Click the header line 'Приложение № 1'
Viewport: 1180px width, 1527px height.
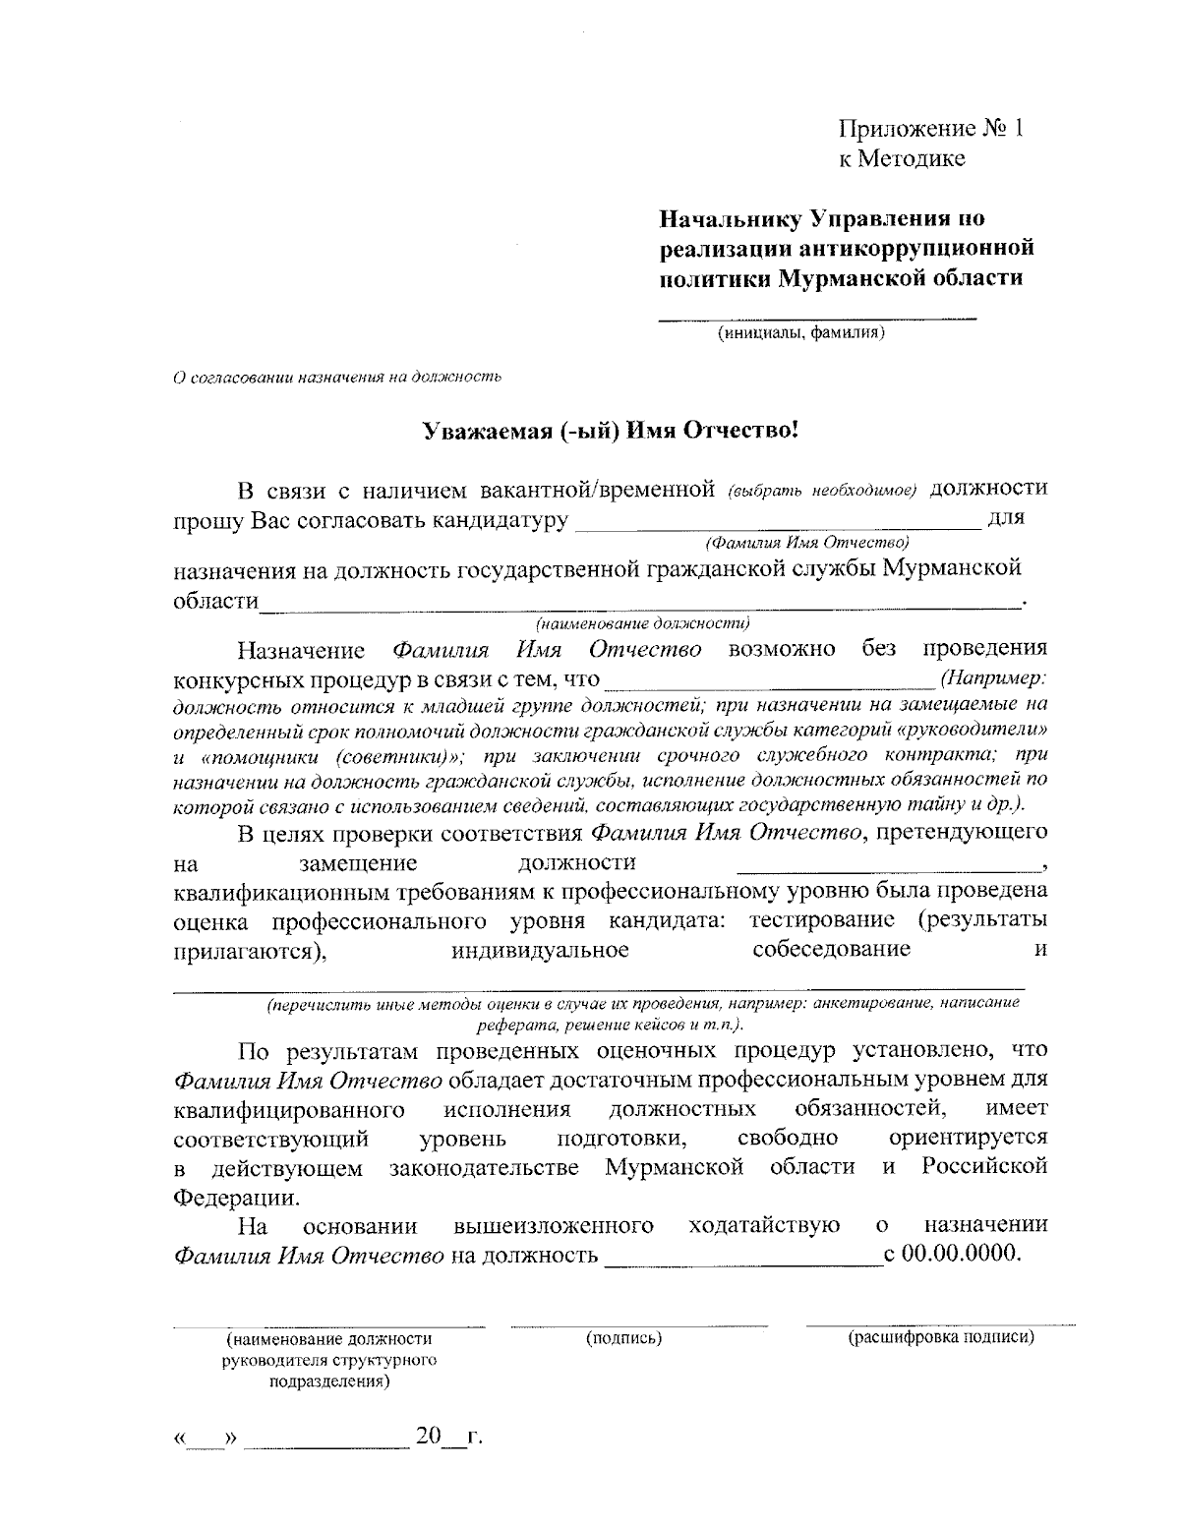[x=930, y=129]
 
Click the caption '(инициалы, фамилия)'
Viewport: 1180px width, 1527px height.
[x=801, y=333]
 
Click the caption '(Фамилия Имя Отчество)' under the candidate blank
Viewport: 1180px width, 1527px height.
[x=805, y=542]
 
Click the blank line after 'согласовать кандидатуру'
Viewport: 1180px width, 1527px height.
[x=777, y=522]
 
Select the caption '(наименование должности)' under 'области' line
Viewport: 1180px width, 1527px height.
[x=643, y=622]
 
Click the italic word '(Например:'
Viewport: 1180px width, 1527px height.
[x=992, y=678]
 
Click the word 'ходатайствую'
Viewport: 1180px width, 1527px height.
[x=764, y=1226]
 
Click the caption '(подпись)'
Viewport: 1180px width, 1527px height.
[x=623, y=1339]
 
